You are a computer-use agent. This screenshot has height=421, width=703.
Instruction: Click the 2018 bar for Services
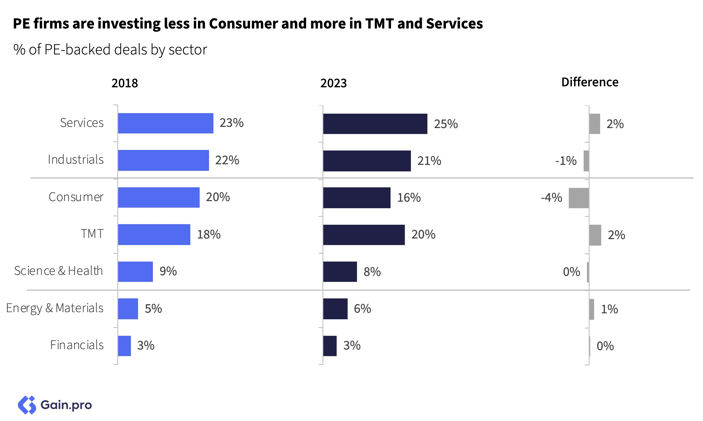click(x=166, y=123)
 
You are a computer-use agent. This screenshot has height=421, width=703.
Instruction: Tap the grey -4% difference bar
click(x=578, y=198)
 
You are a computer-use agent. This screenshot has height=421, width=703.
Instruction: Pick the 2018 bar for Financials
click(x=124, y=346)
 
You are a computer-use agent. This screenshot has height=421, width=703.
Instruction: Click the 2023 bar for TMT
click(x=364, y=235)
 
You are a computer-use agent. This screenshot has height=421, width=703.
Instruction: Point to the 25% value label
click(x=446, y=124)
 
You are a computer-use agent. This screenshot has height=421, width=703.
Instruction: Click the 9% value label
click(x=168, y=271)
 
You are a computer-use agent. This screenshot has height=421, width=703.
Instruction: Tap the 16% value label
click(x=409, y=198)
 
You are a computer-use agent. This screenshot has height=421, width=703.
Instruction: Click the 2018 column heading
click(x=125, y=83)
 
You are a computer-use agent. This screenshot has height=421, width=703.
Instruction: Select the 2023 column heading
click(x=333, y=83)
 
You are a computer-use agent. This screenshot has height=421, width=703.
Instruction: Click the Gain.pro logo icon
click(x=27, y=405)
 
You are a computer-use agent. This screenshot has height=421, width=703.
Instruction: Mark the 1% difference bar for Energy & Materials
click(x=592, y=309)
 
